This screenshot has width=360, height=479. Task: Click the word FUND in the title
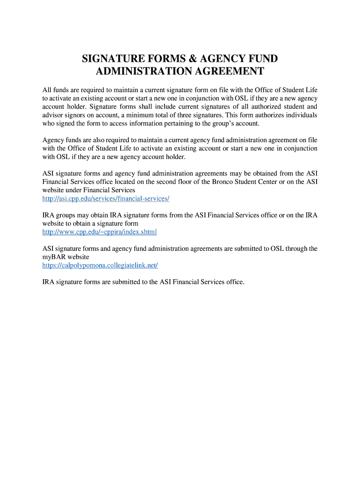point(262,59)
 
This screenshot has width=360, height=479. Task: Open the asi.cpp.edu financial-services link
point(106,199)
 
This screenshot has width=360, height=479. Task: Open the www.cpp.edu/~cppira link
point(100,232)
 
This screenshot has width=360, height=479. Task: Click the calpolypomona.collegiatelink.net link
point(100,265)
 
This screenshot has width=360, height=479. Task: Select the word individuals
point(300,115)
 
